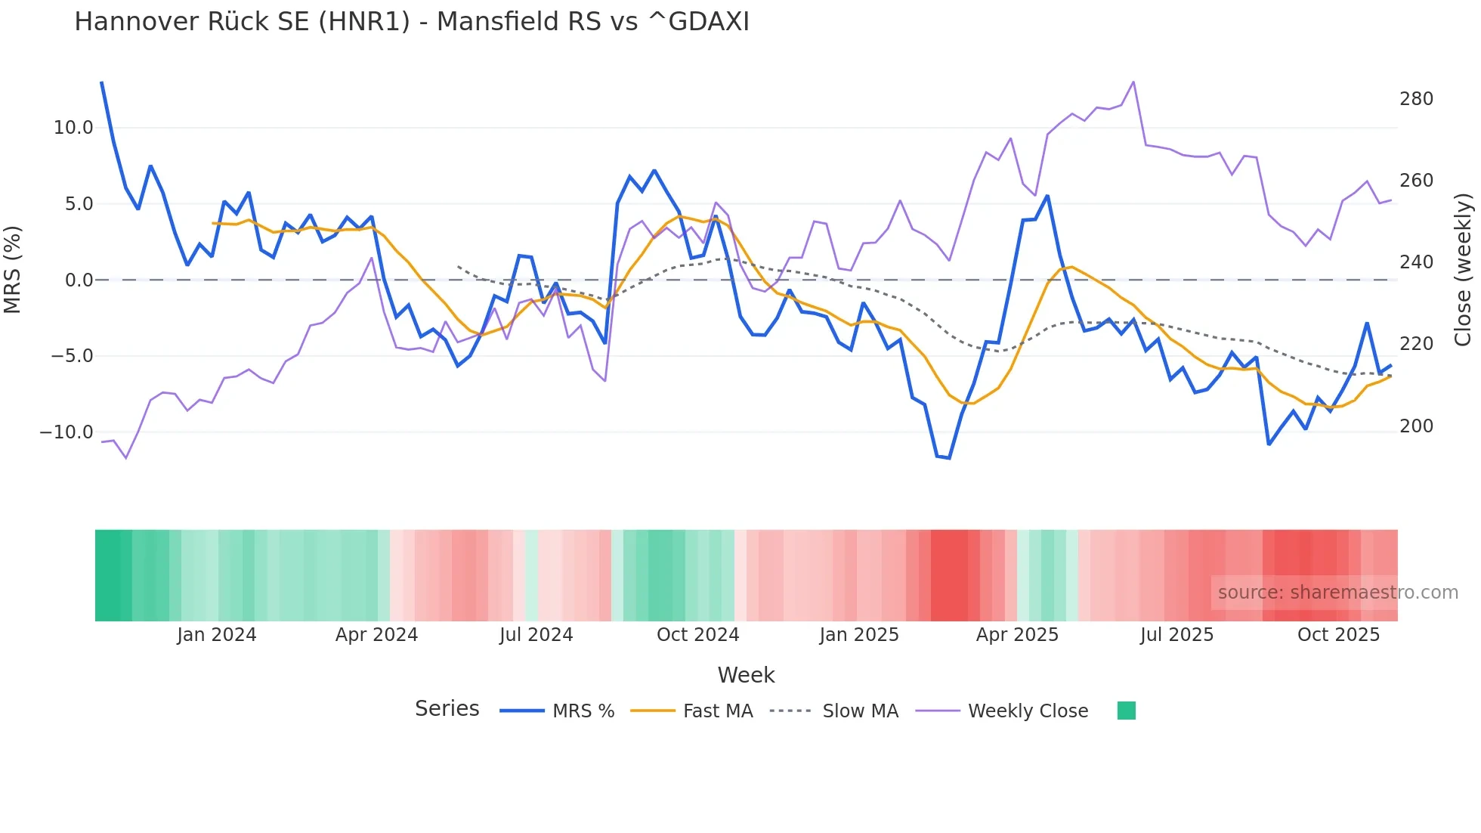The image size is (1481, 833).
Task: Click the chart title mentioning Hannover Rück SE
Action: coord(412,22)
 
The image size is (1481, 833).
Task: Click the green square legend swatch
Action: coord(1126,711)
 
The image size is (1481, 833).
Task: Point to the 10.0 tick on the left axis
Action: coord(73,128)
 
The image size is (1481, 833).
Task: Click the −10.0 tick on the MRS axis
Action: coord(66,432)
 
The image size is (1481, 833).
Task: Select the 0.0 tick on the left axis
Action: coord(79,280)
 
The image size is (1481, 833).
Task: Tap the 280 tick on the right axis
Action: coord(1416,99)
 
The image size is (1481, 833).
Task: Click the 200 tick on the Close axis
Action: coord(1416,426)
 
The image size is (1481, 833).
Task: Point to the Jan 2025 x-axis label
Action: coord(859,635)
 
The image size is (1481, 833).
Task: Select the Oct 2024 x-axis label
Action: coord(697,635)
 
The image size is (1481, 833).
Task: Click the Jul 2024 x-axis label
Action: coord(536,635)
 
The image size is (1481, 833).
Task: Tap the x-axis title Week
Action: coord(746,675)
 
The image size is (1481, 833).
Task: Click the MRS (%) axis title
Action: coord(13,270)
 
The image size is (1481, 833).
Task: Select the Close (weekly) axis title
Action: coord(1463,270)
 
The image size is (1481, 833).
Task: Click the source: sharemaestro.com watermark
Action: coord(1337,593)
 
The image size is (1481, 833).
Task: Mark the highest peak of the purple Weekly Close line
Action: coord(1133,82)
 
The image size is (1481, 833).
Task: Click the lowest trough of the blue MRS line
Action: coord(949,458)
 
